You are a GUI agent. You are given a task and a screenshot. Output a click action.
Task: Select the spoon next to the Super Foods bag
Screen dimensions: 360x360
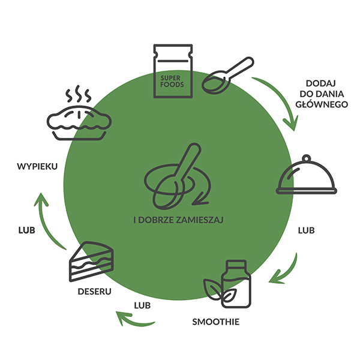tap(227, 76)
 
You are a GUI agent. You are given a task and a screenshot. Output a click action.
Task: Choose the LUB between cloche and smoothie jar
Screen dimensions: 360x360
tap(307, 230)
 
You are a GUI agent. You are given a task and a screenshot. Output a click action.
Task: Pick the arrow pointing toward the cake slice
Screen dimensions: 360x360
tap(136, 319)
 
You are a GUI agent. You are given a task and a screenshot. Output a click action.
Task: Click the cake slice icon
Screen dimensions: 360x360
tap(89, 262)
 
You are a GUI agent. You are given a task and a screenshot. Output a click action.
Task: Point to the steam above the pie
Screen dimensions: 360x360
tap(79, 94)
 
